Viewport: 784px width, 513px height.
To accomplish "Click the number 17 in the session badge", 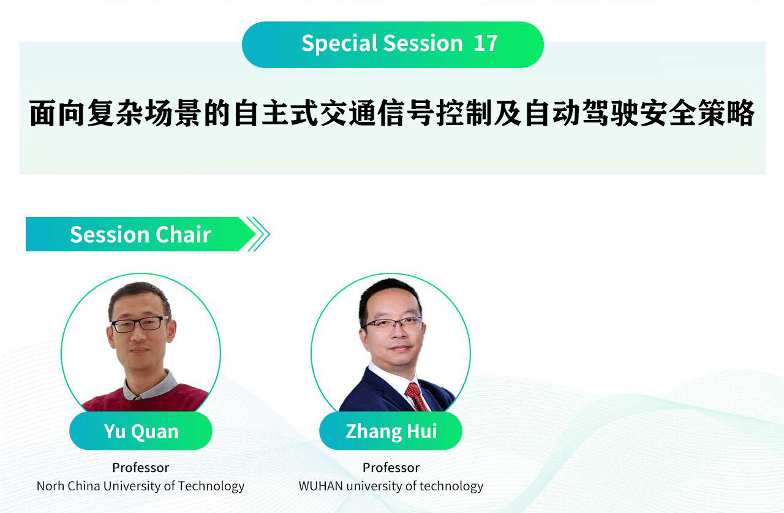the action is [x=486, y=44].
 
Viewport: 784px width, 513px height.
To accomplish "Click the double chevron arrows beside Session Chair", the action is [x=258, y=234].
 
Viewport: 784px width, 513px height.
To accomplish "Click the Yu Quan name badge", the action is [x=141, y=431].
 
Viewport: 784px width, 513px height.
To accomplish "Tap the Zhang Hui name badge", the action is [x=391, y=431].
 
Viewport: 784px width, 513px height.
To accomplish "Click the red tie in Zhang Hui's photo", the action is [x=416, y=396].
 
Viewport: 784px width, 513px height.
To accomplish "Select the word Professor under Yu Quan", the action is [x=141, y=468].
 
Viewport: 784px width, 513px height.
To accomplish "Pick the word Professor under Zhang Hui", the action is [x=391, y=468].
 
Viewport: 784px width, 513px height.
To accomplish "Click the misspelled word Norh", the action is [x=50, y=486].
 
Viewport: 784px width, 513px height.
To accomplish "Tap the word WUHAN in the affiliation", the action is [x=320, y=486].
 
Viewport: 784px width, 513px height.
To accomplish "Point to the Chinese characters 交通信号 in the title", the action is [x=377, y=112].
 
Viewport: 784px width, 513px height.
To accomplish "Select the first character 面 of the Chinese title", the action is [x=43, y=112].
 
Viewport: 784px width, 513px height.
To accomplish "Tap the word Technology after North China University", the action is [x=211, y=487].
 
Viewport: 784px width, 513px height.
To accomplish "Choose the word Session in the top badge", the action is [x=423, y=44].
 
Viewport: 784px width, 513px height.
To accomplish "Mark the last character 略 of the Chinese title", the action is [x=741, y=112].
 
